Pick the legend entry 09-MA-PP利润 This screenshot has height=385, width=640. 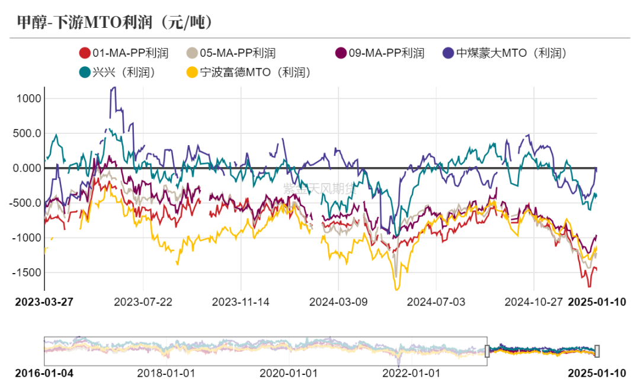point(379,53)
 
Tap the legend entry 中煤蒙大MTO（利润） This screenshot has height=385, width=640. point(507,53)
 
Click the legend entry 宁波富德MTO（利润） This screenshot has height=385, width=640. point(248,73)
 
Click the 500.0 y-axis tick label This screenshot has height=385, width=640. point(25,133)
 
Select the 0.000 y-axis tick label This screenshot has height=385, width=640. point(25,168)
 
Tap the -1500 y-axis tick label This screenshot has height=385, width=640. point(26,272)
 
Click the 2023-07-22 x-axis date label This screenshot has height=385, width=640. point(143,301)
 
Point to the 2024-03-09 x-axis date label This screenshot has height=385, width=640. point(338,301)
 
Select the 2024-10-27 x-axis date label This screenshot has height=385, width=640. point(533,301)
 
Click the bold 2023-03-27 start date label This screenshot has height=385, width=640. point(44,301)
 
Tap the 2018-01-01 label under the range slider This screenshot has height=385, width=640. point(166,374)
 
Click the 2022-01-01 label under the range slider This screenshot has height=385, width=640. point(411,374)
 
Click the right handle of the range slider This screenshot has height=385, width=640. point(597,351)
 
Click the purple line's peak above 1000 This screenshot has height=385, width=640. point(113,88)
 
